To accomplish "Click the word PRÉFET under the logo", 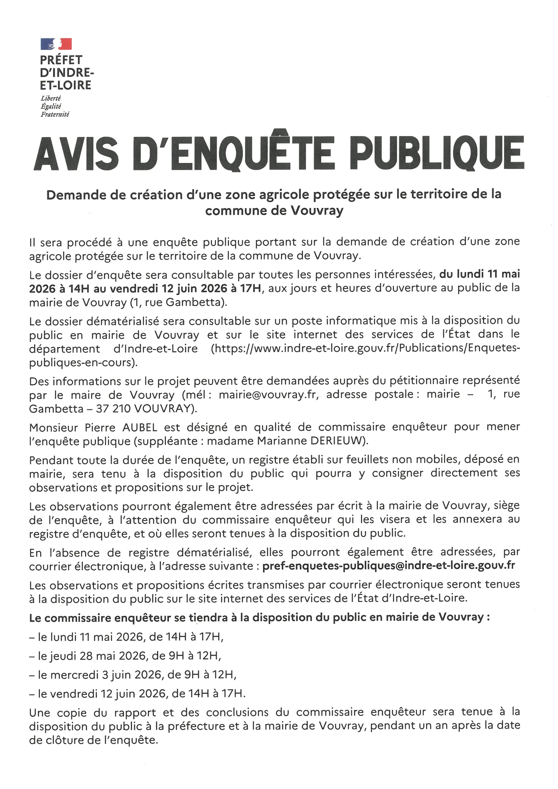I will point(61,60).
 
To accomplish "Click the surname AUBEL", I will point(139,427).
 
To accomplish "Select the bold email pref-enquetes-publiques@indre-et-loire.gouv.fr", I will point(389,566).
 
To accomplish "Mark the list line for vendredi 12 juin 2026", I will point(137,693).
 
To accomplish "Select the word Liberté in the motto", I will point(51,99).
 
